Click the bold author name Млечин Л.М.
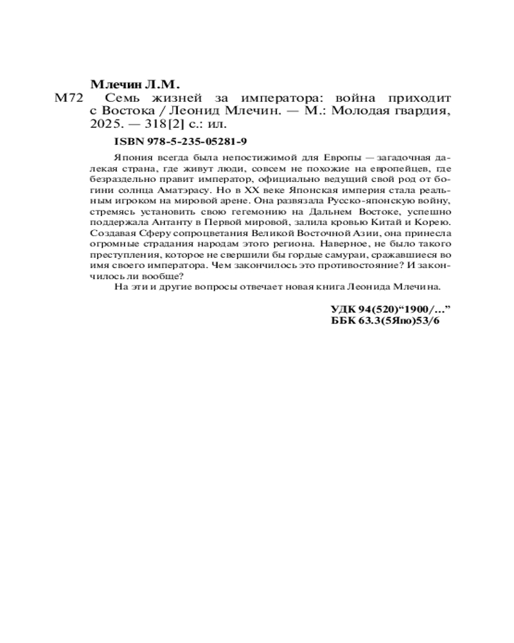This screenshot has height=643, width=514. coord(135,84)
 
